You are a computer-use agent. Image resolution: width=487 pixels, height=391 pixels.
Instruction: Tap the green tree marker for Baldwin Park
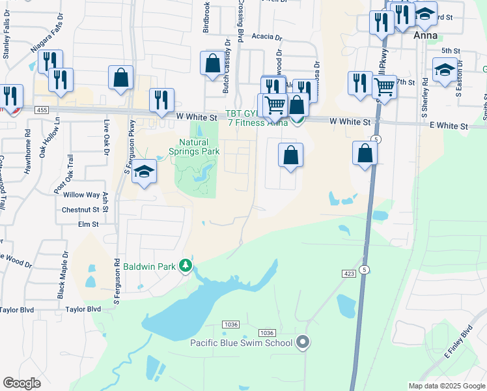coord(186,266)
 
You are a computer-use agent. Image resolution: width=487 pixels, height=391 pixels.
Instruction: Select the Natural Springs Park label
coord(199,147)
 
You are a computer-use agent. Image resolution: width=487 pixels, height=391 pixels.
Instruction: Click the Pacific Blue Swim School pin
coord(303,342)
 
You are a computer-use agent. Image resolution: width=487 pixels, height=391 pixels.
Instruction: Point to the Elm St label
coord(88,224)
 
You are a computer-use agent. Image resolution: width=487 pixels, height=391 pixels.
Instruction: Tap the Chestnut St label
coord(79,210)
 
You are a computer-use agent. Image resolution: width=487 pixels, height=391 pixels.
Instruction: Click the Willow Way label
coord(81,195)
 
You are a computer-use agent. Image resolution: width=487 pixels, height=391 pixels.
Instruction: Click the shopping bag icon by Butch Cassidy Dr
coord(212,64)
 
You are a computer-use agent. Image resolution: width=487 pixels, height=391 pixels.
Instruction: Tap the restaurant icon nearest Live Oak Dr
coord(161,100)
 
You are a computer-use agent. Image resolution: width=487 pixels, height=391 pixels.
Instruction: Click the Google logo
coord(21,383)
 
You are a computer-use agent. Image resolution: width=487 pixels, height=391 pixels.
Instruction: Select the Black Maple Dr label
coord(63,274)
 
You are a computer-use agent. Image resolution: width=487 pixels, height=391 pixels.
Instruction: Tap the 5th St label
coord(451,50)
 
